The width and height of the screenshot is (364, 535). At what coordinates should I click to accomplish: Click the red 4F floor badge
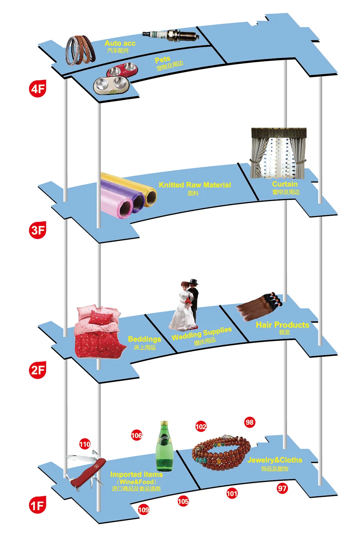[x=37, y=89]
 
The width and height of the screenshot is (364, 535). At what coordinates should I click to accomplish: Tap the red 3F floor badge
[x=37, y=230]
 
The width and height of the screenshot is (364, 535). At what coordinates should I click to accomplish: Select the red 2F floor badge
[x=37, y=370]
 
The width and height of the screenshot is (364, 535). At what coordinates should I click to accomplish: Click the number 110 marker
[x=85, y=444]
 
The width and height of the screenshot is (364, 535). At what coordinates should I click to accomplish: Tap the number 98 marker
[x=249, y=422]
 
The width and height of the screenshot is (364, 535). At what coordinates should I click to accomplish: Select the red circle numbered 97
[x=282, y=488]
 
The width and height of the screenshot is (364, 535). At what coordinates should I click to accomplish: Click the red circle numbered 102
[x=201, y=427]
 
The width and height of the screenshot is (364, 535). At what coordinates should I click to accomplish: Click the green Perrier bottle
[x=165, y=446]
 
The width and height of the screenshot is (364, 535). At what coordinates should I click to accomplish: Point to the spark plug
[x=171, y=35]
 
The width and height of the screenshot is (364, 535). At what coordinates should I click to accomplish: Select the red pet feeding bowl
[x=122, y=69]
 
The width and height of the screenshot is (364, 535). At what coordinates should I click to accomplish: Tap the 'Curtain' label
[x=285, y=184]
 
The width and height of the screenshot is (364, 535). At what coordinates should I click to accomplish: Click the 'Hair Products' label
[x=282, y=325]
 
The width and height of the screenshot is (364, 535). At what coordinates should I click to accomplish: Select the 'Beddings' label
[x=145, y=339]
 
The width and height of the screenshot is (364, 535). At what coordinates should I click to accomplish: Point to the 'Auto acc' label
[x=120, y=43]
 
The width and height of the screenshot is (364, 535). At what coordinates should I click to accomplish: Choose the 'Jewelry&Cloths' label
[x=275, y=460]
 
